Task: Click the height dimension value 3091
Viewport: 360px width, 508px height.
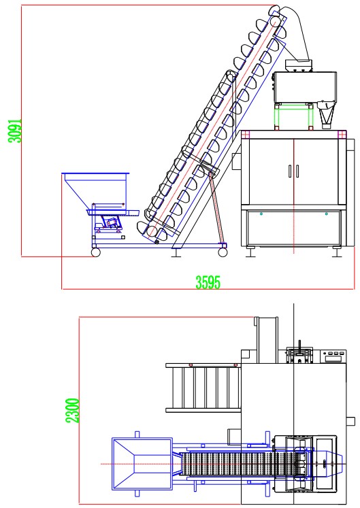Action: tap(15, 130)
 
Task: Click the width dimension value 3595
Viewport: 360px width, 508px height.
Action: tap(208, 282)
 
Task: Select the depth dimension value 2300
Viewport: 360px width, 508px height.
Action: tap(72, 411)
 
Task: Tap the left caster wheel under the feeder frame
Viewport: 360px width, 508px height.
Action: tap(95, 252)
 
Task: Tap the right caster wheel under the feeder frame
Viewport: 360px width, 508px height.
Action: tap(223, 252)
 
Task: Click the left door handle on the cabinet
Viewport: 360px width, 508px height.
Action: tap(290, 171)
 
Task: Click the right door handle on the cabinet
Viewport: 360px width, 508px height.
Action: tap(297, 171)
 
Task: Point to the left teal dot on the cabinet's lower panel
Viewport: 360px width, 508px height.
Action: tap(261, 214)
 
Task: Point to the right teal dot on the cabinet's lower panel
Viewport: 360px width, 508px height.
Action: tap(326, 214)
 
